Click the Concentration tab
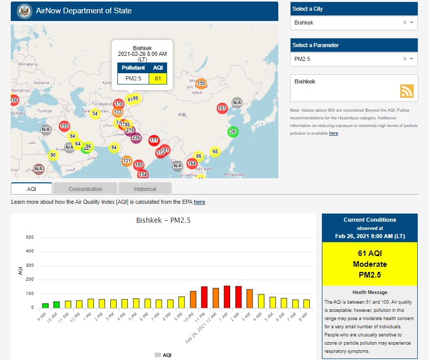click(85, 189)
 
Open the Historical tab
click(145, 189)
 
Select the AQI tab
click(32, 189)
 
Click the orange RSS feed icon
click(407, 91)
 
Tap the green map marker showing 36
click(233, 132)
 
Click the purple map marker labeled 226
click(136, 138)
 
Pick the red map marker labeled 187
click(222, 108)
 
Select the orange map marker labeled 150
click(201, 83)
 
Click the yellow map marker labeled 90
click(53, 155)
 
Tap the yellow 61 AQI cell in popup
click(158, 78)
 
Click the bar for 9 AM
click(46, 305)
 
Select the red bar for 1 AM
click(227, 297)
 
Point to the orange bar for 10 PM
click(193, 299)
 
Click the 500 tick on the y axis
click(30, 237)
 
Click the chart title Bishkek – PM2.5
click(163, 221)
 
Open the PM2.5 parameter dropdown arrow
click(412, 59)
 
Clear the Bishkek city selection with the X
click(404, 23)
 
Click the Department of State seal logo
click(24, 11)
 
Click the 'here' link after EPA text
click(199, 202)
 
